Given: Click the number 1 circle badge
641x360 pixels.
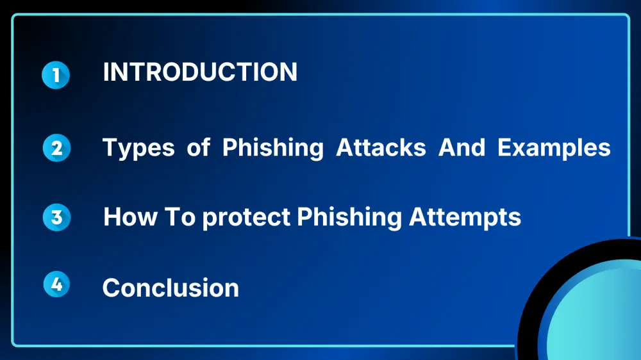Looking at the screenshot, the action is pos(56,75).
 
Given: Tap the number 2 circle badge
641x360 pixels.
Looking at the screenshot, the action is pos(56,147).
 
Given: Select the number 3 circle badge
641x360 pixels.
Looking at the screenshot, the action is pos(56,217).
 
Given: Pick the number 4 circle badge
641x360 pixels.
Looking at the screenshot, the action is pos(56,284).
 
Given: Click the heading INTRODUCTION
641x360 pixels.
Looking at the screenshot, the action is pos(200,72).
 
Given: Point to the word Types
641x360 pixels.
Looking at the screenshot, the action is pos(138,148).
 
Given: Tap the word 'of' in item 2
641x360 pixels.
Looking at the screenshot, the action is pos(198,147).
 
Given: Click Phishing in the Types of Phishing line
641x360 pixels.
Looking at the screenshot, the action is pos(272,148).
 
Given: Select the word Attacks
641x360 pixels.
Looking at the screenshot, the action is pos(381,147).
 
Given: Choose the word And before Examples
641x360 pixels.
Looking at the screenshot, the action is pos(462,147).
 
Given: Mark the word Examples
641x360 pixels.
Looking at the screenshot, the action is pos(554,148).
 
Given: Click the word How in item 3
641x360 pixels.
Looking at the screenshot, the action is pos(130,217).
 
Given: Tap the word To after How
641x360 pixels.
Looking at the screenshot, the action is pos(180,217).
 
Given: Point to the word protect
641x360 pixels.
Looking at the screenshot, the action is pos(246,218).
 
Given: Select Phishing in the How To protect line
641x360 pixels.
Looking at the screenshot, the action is pos(349,217).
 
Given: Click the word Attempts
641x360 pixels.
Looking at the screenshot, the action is pos(465,217).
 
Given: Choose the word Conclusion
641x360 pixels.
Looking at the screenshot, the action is pos(171,288).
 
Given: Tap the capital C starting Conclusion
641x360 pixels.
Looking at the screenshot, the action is pos(112,288).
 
